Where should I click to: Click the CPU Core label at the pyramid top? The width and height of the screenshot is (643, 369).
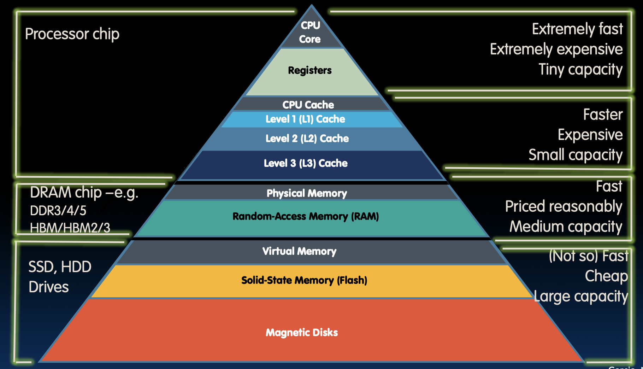click(x=310, y=32)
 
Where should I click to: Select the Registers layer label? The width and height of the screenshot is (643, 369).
click(x=310, y=70)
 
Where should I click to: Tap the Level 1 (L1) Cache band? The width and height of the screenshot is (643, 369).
click(x=305, y=119)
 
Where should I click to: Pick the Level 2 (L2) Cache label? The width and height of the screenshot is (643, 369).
click(x=307, y=139)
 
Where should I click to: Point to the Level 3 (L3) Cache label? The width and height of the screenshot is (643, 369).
click(x=306, y=163)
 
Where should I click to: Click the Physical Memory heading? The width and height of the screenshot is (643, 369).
click(x=307, y=193)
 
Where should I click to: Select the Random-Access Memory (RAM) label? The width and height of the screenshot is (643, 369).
click(x=306, y=216)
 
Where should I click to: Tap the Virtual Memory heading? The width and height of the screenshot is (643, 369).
click(x=299, y=251)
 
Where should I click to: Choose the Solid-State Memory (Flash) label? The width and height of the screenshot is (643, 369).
click(x=304, y=280)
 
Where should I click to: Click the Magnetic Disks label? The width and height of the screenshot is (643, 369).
click(x=302, y=333)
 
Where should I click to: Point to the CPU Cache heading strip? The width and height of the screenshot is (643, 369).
click(x=308, y=105)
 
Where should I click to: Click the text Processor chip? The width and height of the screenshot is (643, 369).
click(x=72, y=34)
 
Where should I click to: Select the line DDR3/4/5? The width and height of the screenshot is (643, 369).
click(x=58, y=211)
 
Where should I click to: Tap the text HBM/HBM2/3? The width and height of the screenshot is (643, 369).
click(x=70, y=228)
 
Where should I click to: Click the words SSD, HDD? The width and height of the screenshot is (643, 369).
click(x=60, y=267)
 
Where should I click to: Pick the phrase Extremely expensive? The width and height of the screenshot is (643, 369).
click(x=556, y=49)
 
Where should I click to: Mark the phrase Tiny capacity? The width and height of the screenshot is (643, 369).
click(x=580, y=70)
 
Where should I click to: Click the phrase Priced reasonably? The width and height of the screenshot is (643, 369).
click(x=564, y=206)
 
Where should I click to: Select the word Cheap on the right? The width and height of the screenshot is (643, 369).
click(x=606, y=276)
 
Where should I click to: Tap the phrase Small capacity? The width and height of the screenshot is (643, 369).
click(x=576, y=155)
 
